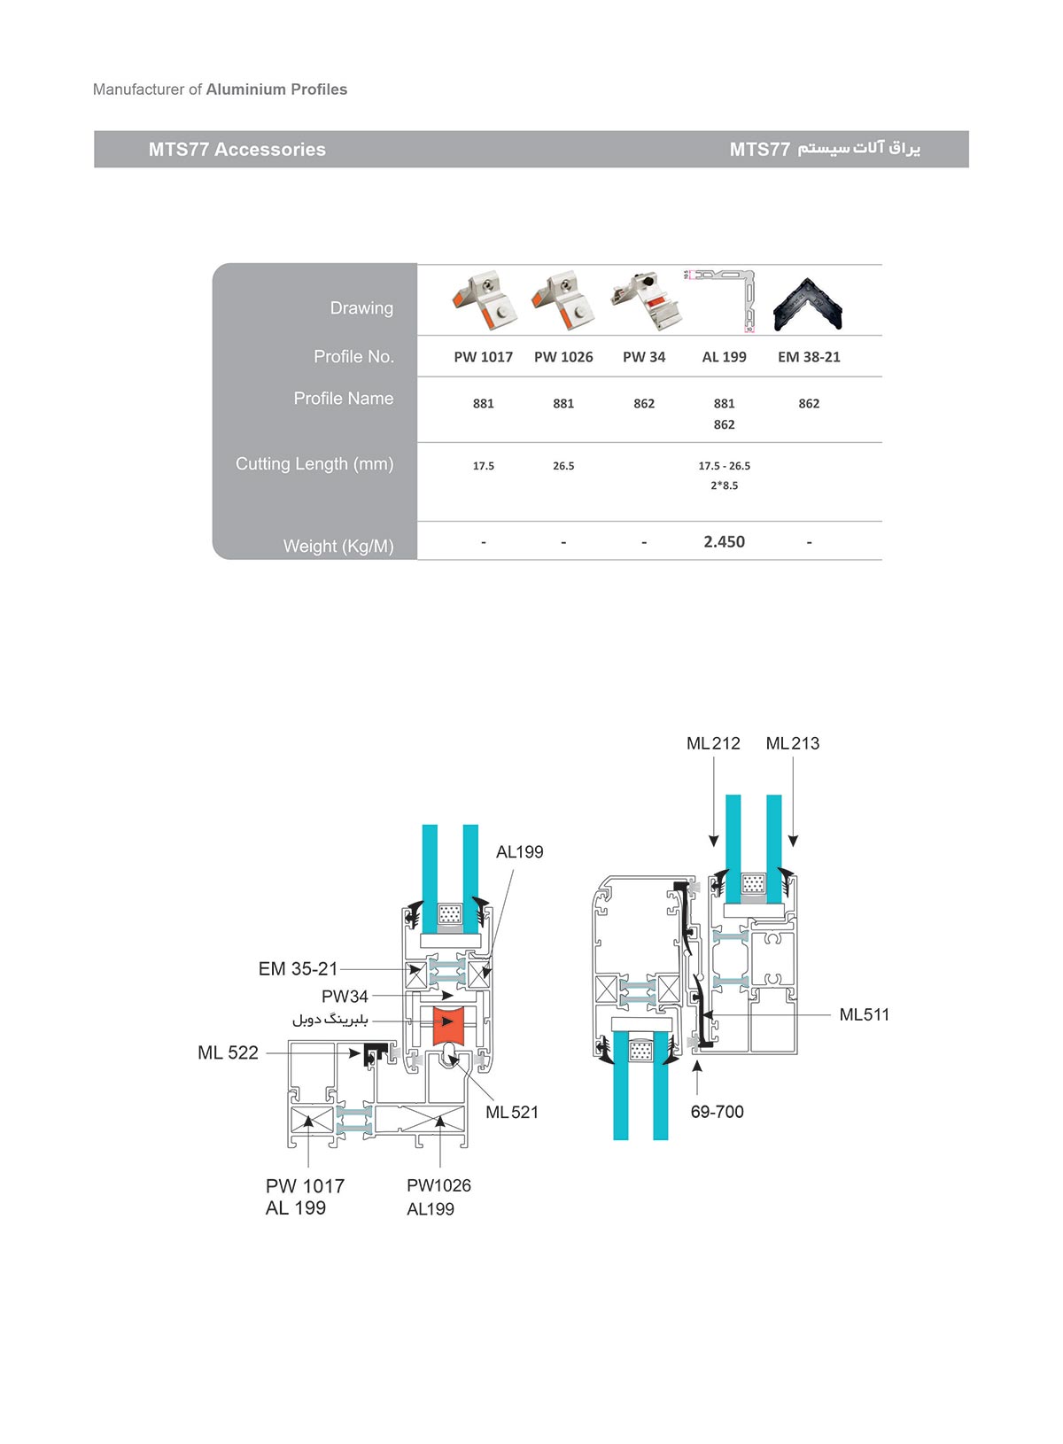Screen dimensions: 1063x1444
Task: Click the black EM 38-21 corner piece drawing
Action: coord(809,304)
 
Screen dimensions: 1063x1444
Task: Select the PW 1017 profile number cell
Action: coord(483,356)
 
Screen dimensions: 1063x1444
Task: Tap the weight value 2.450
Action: coord(724,541)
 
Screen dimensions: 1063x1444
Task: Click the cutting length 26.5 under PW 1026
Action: coord(563,465)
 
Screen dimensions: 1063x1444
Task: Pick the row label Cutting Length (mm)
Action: coord(314,464)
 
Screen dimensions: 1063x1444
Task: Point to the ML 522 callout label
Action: coord(228,1052)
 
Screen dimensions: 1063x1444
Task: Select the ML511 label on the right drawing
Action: coord(864,1014)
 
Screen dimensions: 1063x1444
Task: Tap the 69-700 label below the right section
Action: coord(717,1112)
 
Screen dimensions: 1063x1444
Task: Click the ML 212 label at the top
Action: coord(713,743)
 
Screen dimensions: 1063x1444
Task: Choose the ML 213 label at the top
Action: coord(792,743)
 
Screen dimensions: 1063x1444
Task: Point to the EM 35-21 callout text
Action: coord(298,969)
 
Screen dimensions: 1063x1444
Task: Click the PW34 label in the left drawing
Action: coord(345,996)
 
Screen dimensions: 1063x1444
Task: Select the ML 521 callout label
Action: coord(512,1112)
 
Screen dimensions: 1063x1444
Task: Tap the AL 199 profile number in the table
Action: coord(724,356)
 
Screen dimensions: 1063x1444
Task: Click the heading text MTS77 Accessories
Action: coord(237,150)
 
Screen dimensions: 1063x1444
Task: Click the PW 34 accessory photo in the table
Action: coord(645,300)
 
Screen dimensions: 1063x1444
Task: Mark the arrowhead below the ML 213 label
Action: coord(793,842)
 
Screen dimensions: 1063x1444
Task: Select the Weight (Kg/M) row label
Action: coord(338,547)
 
